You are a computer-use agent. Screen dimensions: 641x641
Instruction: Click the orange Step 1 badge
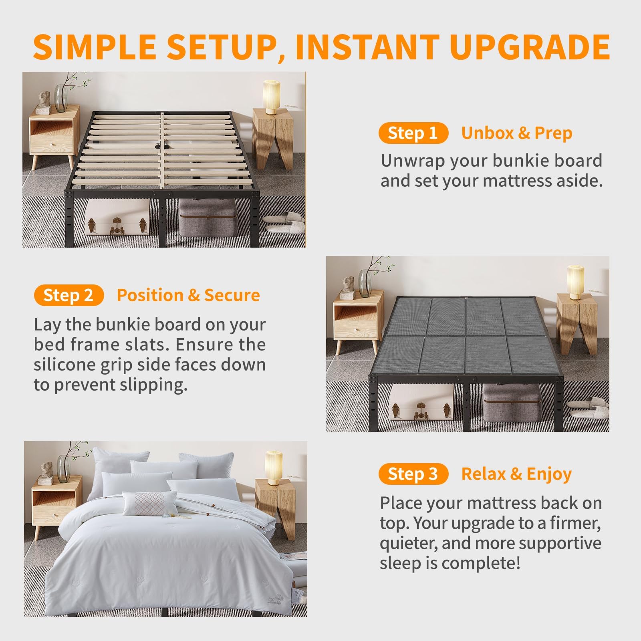coord(413,133)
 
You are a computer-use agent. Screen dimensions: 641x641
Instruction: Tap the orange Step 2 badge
coord(69,295)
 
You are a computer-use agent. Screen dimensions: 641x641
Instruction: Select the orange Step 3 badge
coord(413,474)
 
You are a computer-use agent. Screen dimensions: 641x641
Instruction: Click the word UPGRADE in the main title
coord(530,47)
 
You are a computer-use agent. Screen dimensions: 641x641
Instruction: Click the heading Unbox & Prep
coord(517,133)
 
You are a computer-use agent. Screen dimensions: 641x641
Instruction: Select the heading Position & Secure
coord(188,295)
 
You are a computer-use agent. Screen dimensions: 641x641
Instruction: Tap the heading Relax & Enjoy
coord(516,474)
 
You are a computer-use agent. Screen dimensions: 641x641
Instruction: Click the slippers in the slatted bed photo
coord(285,224)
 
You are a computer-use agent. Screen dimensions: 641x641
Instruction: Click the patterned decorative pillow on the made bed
coord(145,503)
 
